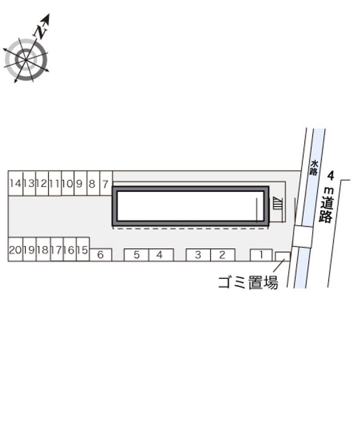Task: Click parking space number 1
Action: click(x=261, y=255)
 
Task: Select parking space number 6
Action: click(x=100, y=255)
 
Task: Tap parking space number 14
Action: click(x=16, y=183)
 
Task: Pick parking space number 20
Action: click(x=15, y=250)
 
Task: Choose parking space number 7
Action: click(x=106, y=183)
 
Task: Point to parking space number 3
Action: click(x=198, y=255)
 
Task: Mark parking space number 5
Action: click(x=136, y=255)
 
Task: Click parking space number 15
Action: click(x=83, y=250)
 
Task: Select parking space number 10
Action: click(x=68, y=183)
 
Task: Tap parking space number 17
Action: click(x=57, y=250)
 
